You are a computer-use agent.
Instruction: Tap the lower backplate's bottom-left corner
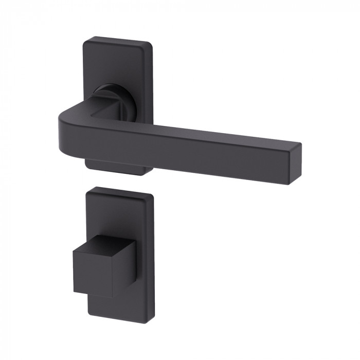pyautogui.click(x=87, y=314)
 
